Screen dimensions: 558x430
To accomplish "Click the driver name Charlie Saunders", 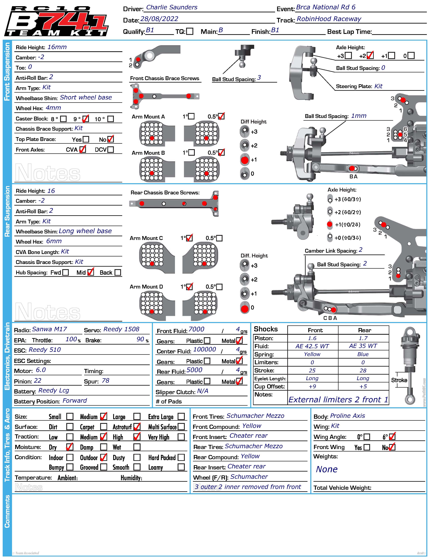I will click(172, 7).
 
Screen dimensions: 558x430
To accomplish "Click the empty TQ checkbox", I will click(189, 31).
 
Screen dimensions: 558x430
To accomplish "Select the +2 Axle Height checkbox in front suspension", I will click(370, 56).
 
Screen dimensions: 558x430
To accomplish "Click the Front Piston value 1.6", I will click(312, 338).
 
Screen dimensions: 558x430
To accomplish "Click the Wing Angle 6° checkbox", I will click(392, 437).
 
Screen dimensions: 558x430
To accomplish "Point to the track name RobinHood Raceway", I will click(329, 19).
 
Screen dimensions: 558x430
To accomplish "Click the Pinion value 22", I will click(38, 381).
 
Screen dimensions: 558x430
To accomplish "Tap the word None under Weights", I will click(327, 469).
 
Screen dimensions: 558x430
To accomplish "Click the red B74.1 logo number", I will click(74, 23).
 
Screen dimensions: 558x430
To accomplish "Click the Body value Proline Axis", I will click(347, 416).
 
